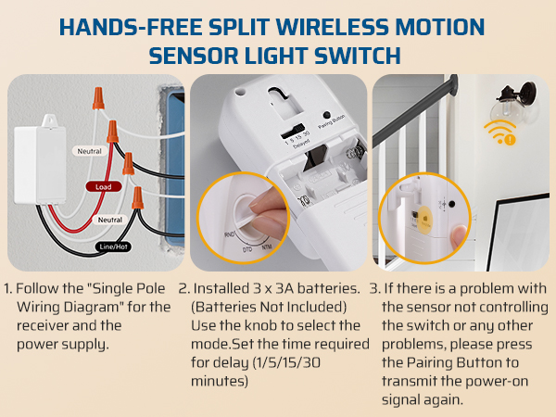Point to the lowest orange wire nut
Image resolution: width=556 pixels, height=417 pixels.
tap(138, 197)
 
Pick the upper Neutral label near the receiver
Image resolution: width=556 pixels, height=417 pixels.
tap(89, 149)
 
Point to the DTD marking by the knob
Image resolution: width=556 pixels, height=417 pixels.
tap(248, 249)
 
